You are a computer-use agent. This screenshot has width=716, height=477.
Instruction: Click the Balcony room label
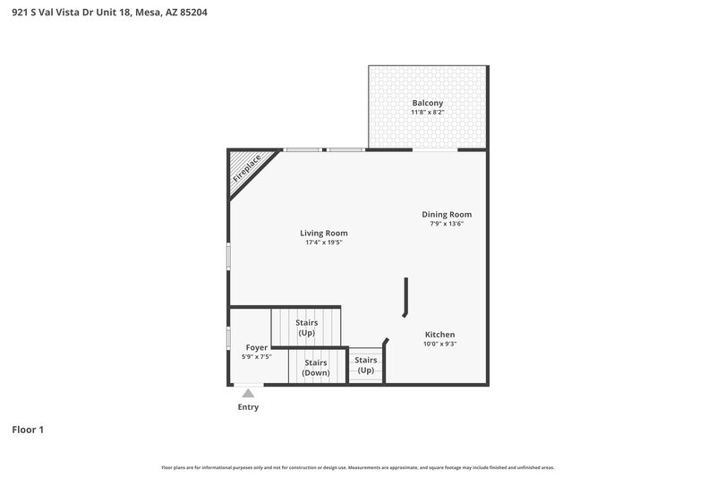427,103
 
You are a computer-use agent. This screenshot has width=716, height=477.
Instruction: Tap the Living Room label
324,233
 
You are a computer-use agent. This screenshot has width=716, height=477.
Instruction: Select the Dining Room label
447,214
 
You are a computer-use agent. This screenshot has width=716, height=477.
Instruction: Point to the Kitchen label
439,335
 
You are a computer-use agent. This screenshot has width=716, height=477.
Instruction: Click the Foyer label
257,346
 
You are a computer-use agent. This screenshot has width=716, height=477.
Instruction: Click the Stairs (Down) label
315,367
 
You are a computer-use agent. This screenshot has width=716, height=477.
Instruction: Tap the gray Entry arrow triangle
248,393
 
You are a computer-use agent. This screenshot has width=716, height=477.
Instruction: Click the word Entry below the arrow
248,407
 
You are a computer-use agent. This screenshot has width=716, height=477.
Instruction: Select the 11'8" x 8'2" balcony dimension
427,114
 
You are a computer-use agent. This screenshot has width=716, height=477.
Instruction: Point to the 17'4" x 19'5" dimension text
324,243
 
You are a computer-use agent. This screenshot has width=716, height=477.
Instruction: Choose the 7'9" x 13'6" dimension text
447,224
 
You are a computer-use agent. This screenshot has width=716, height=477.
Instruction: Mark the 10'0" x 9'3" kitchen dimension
439,345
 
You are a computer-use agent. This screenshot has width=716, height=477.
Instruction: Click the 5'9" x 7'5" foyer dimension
257,356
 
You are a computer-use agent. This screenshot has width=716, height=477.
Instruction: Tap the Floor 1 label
28,430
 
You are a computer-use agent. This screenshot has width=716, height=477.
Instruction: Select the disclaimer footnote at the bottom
357,467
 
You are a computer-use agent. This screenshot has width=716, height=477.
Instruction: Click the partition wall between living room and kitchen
406,295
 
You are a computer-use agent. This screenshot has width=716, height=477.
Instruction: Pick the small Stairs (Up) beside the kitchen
365,365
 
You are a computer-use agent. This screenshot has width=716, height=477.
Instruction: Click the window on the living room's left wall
228,257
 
